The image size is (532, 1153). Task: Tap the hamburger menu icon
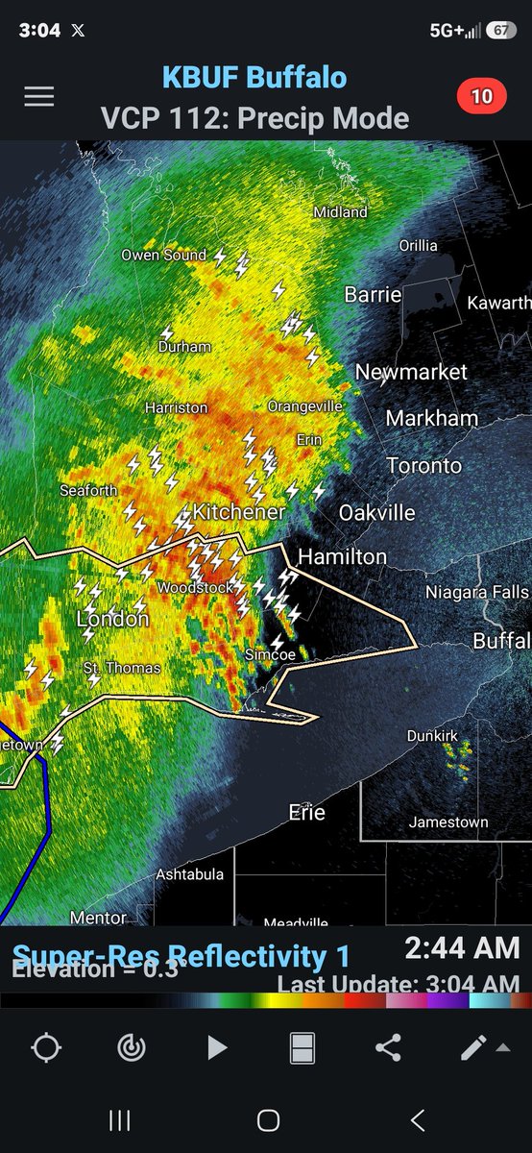click(39, 97)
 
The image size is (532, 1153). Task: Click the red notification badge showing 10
click(481, 96)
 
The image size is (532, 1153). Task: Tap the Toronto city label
click(423, 465)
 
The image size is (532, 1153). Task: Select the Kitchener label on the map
click(238, 512)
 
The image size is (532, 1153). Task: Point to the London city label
click(112, 619)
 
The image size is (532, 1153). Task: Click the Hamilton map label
click(342, 556)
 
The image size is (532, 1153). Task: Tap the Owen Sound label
click(163, 255)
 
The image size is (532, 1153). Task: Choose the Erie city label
click(306, 813)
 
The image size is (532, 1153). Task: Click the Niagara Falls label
click(477, 592)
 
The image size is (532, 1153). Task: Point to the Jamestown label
click(447, 822)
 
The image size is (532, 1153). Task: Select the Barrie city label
click(373, 294)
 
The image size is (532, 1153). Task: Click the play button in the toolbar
click(217, 1047)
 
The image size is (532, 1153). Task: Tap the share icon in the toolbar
click(388, 1047)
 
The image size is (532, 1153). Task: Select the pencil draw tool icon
click(473, 1047)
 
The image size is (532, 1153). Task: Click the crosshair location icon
click(46, 1047)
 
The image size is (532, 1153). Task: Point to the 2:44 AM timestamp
click(462, 948)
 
